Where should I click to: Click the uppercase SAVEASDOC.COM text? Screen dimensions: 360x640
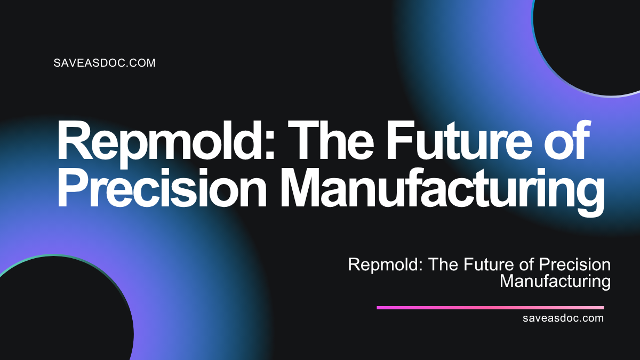tap(105, 63)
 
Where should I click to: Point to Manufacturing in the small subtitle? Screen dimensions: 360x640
tap(555, 281)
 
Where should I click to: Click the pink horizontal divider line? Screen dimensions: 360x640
tap(490, 308)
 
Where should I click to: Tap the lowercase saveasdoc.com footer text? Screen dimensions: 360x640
tap(564, 318)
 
